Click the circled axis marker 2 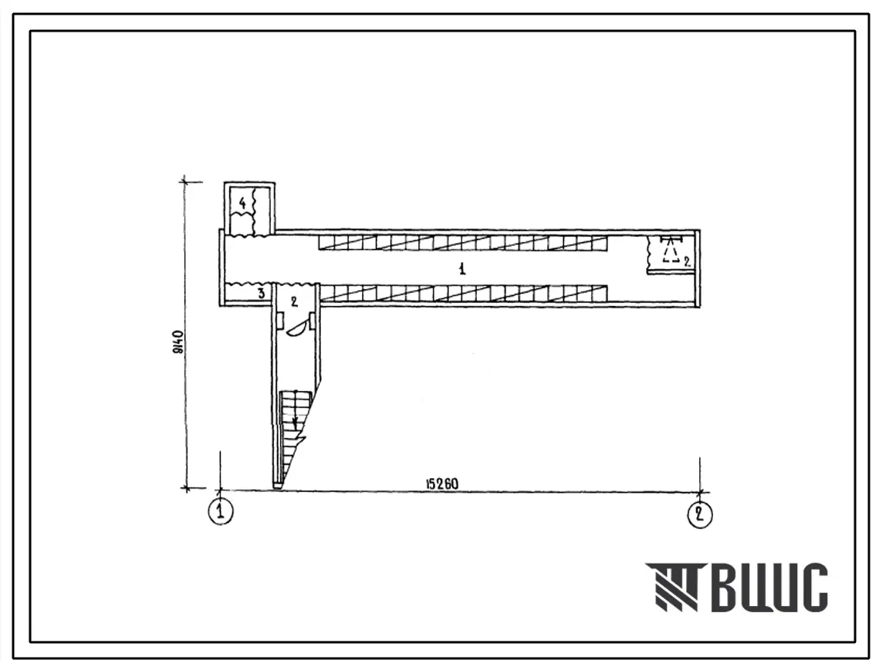tap(700, 513)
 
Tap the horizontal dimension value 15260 tap(441, 483)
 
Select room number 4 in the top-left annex tap(242, 203)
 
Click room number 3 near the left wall tap(262, 292)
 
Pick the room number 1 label tap(462, 269)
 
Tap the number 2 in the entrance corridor tap(294, 301)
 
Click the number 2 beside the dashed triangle tap(688, 259)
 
